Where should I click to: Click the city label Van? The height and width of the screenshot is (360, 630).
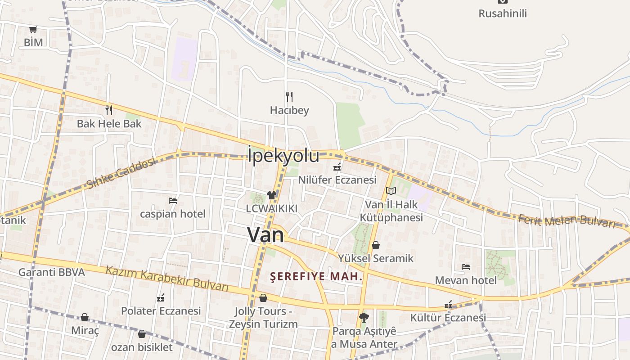266,235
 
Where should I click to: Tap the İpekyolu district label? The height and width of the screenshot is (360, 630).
283,156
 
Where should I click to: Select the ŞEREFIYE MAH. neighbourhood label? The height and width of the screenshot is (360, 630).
316,276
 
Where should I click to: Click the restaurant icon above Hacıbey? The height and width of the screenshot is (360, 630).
289,96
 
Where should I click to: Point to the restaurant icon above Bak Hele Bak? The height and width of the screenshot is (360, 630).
108,110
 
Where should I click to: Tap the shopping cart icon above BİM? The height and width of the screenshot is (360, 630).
33,30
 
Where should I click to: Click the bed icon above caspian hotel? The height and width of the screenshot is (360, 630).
172,200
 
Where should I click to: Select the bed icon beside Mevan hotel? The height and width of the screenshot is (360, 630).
466,267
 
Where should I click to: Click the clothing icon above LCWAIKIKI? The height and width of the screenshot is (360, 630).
272,195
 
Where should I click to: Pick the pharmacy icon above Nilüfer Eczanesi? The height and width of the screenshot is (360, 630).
337,167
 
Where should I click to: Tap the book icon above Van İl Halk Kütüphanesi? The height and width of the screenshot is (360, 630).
391,191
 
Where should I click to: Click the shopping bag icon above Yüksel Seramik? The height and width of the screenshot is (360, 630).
376,245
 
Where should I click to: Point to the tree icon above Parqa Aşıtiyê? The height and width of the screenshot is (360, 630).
364,318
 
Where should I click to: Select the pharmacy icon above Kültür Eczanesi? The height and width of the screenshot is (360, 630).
448,305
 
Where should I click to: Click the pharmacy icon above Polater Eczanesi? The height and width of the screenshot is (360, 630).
161,298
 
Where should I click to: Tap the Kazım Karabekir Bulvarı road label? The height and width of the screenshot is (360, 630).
167,279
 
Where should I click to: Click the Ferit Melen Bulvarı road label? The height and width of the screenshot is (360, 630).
566,221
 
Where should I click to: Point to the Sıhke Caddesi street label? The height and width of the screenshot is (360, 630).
121,173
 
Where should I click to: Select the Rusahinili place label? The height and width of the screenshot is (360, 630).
502,13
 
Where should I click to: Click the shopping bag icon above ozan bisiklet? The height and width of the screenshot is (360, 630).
142,334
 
